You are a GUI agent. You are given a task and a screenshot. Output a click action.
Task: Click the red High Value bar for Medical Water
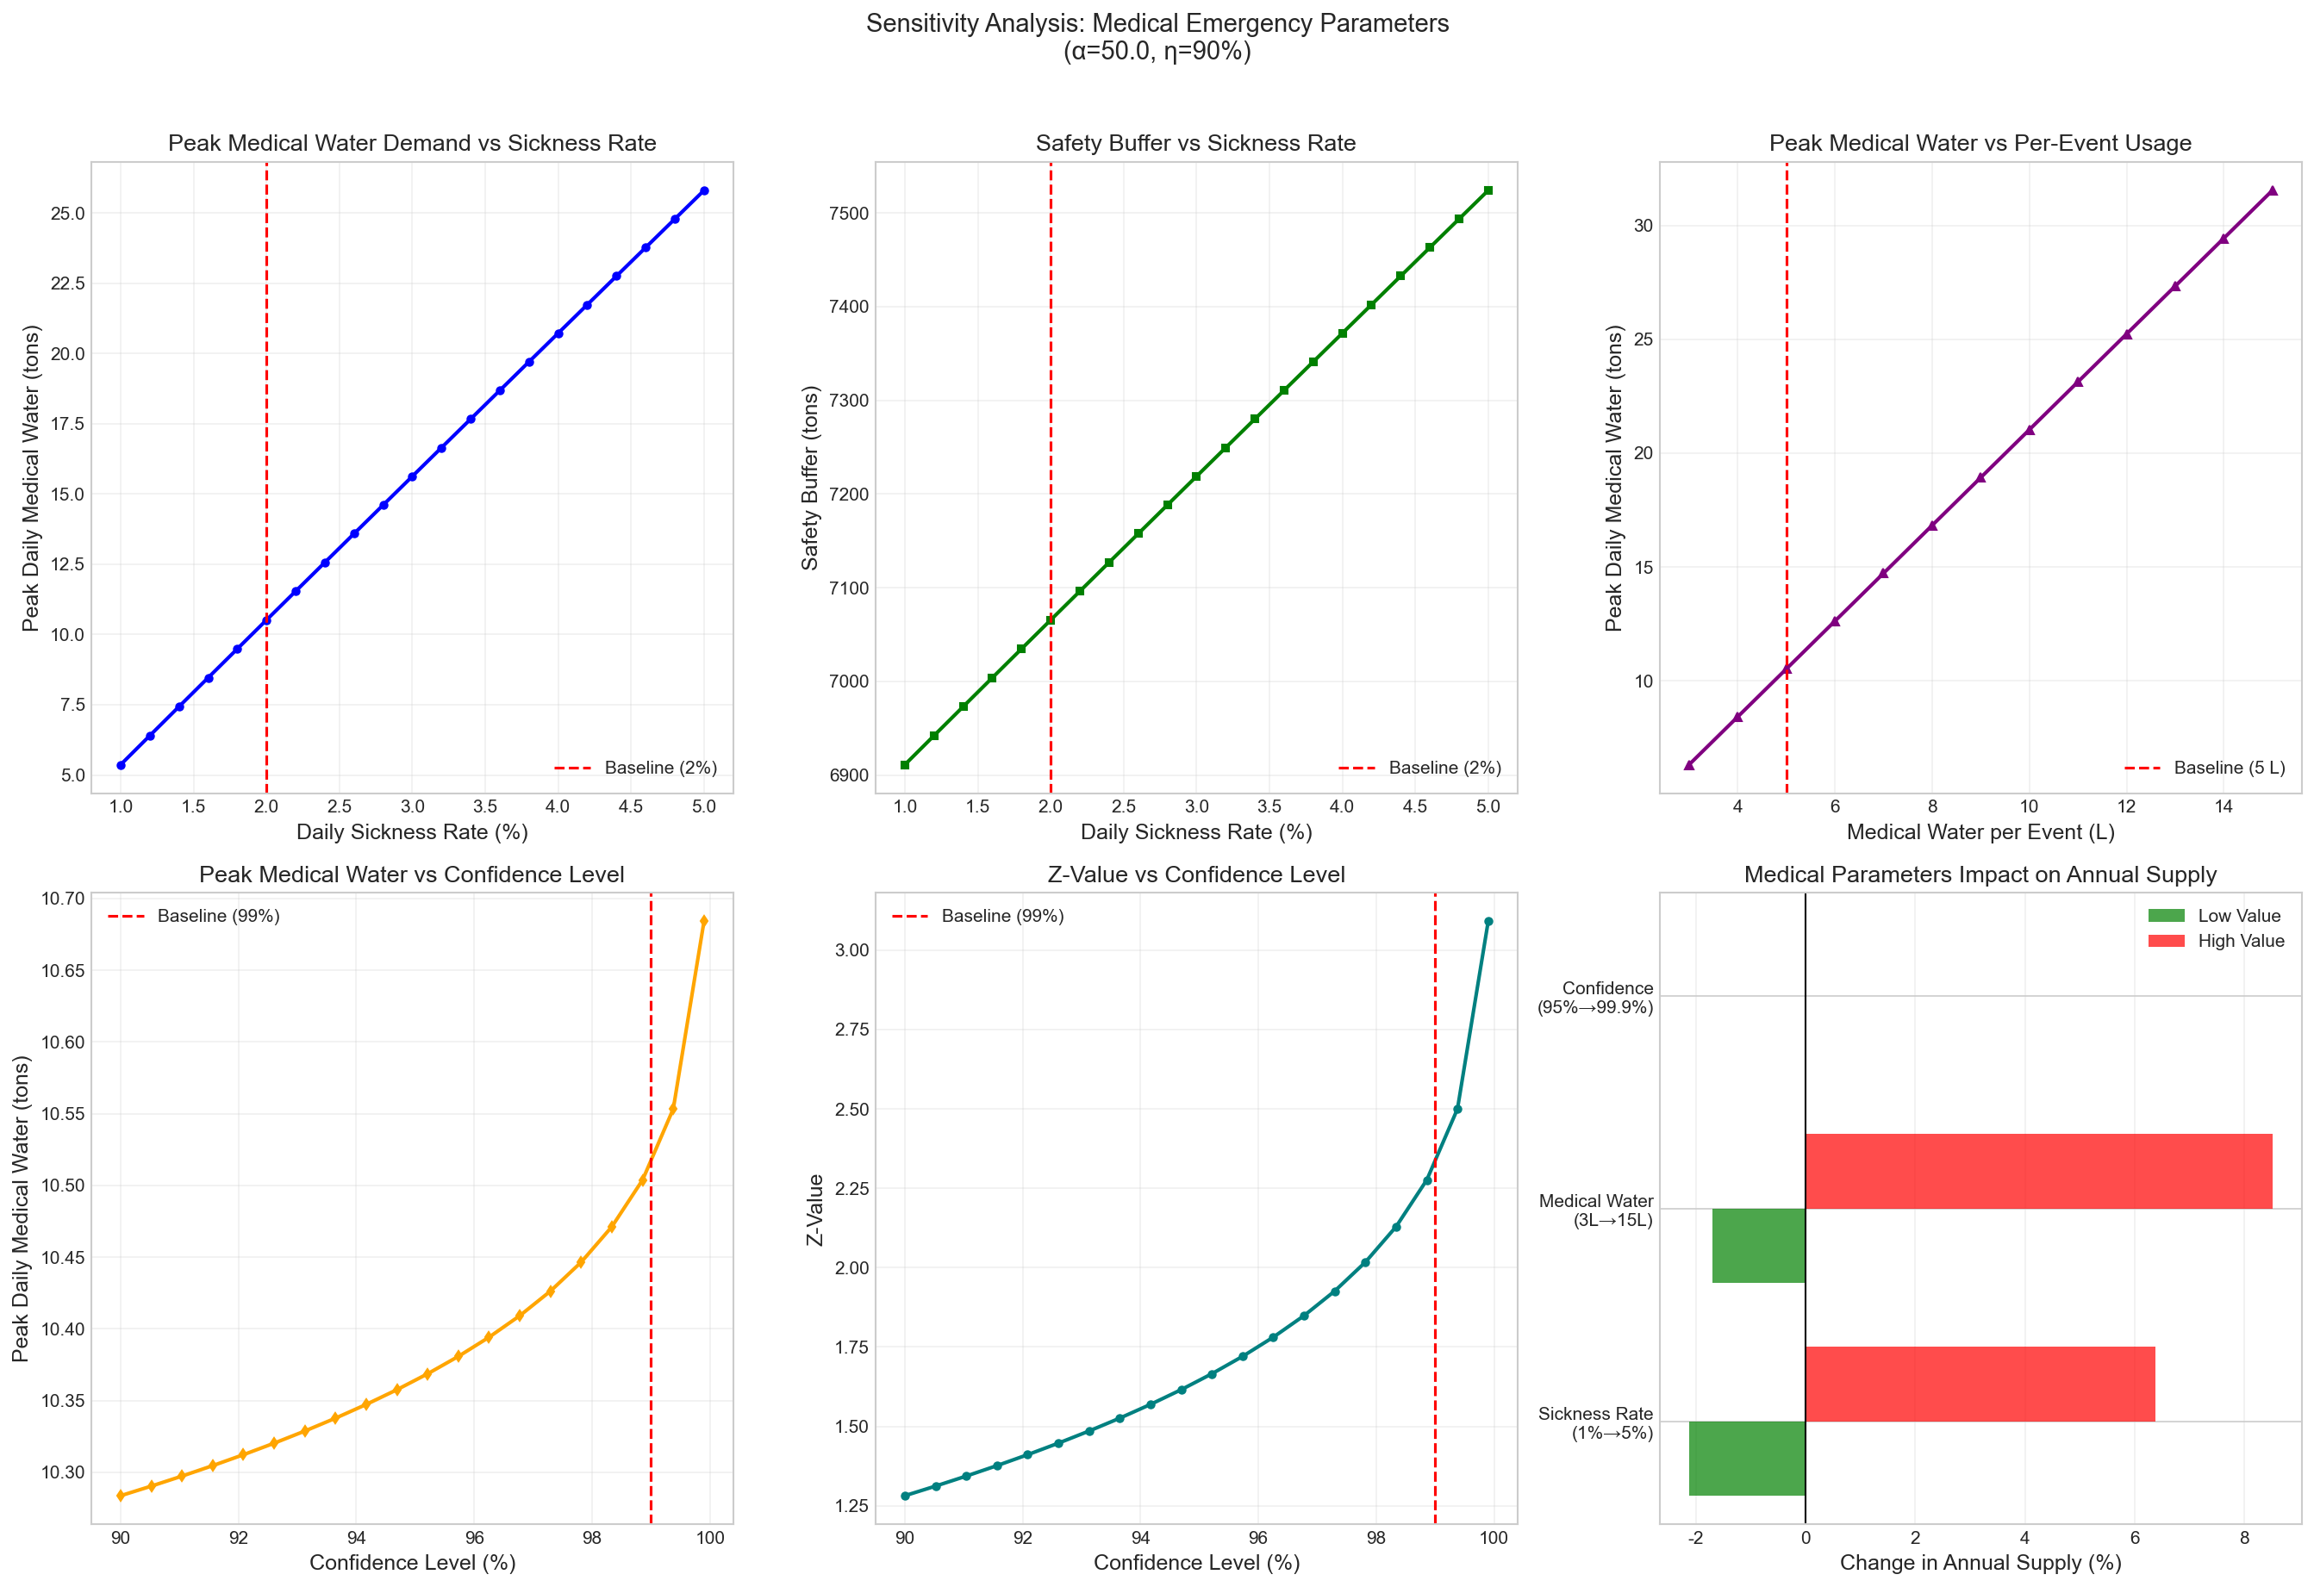click(2037, 1171)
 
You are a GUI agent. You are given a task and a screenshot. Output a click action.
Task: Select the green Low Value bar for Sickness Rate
click(1746, 1458)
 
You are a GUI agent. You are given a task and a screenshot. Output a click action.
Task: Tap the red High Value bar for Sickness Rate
click(1980, 1384)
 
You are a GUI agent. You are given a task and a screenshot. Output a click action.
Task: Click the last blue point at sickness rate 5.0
click(704, 190)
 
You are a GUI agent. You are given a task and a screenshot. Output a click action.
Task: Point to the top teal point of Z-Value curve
click(1488, 922)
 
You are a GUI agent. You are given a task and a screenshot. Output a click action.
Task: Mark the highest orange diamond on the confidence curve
click(704, 921)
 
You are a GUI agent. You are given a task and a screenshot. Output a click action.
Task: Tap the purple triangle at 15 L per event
click(2272, 190)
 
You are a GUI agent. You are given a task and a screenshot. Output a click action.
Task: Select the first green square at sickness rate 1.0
click(905, 764)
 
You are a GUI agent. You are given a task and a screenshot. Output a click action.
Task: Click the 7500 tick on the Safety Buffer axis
click(848, 213)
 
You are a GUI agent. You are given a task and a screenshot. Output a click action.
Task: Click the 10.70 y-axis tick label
click(63, 899)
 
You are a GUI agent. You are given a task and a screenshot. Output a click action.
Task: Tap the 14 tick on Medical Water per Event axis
click(2224, 806)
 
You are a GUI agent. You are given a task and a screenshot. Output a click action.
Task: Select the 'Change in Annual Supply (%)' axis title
click(1980, 1562)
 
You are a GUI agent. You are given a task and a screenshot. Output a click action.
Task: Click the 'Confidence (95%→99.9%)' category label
click(1595, 998)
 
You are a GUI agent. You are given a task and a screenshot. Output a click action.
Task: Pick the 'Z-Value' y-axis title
click(815, 1210)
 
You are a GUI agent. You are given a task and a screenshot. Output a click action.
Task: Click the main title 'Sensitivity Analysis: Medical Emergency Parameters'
click(1157, 24)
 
